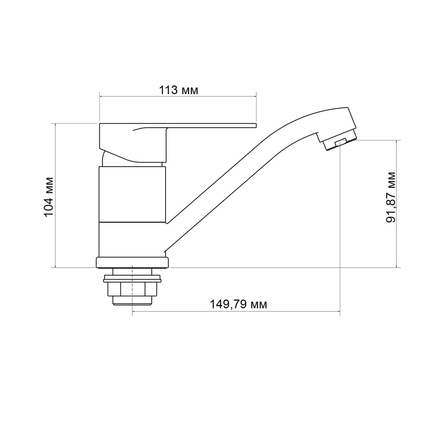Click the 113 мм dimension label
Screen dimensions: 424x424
[178, 90]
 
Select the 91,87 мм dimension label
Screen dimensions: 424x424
[391, 197]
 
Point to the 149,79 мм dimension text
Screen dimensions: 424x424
[238, 304]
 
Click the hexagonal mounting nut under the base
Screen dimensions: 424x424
[133, 290]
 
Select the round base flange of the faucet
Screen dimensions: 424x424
[133, 263]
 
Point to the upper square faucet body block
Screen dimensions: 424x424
[132, 195]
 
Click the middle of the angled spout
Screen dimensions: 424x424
[237, 170]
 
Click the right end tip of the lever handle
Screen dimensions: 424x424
[255, 126]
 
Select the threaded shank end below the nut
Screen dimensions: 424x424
[133, 301]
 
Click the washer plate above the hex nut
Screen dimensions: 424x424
[133, 279]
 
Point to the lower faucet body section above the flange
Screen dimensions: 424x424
[132, 240]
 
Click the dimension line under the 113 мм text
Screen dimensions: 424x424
[178, 96]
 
